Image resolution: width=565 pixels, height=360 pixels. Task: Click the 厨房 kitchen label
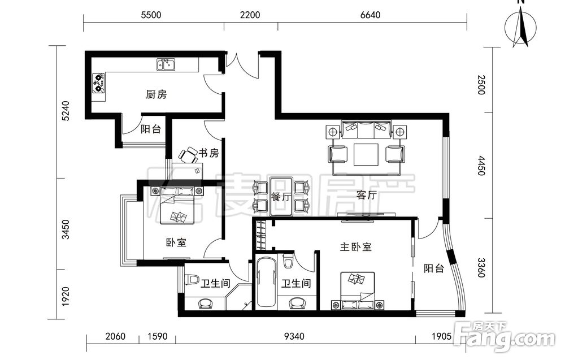(x=157, y=95)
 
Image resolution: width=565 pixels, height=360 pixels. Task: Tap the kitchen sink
(x=166, y=65)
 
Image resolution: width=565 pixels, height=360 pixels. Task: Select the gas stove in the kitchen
(x=98, y=83)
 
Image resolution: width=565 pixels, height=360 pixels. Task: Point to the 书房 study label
(x=209, y=153)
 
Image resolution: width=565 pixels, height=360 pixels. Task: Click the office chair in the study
(x=188, y=155)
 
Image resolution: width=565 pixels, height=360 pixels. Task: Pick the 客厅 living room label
(x=366, y=195)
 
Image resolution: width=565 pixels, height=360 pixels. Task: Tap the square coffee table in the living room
(x=366, y=155)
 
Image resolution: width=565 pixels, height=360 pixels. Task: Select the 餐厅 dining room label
(x=281, y=197)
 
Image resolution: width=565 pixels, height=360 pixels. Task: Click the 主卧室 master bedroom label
(x=355, y=247)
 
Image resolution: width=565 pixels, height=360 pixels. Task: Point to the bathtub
(x=267, y=282)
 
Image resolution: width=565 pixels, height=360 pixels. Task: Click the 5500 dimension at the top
(x=151, y=15)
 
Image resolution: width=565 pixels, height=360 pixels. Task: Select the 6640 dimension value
(x=370, y=15)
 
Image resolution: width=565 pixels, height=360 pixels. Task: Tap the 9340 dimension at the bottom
(x=294, y=336)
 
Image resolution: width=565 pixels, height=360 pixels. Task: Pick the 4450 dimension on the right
(x=481, y=166)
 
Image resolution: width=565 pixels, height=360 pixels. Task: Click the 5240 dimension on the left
(x=65, y=111)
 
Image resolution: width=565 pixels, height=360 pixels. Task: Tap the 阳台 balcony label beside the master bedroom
(x=434, y=268)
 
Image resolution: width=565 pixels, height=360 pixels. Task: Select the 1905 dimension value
(x=441, y=336)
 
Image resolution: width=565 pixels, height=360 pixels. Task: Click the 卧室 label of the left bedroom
(x=176, y=242)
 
